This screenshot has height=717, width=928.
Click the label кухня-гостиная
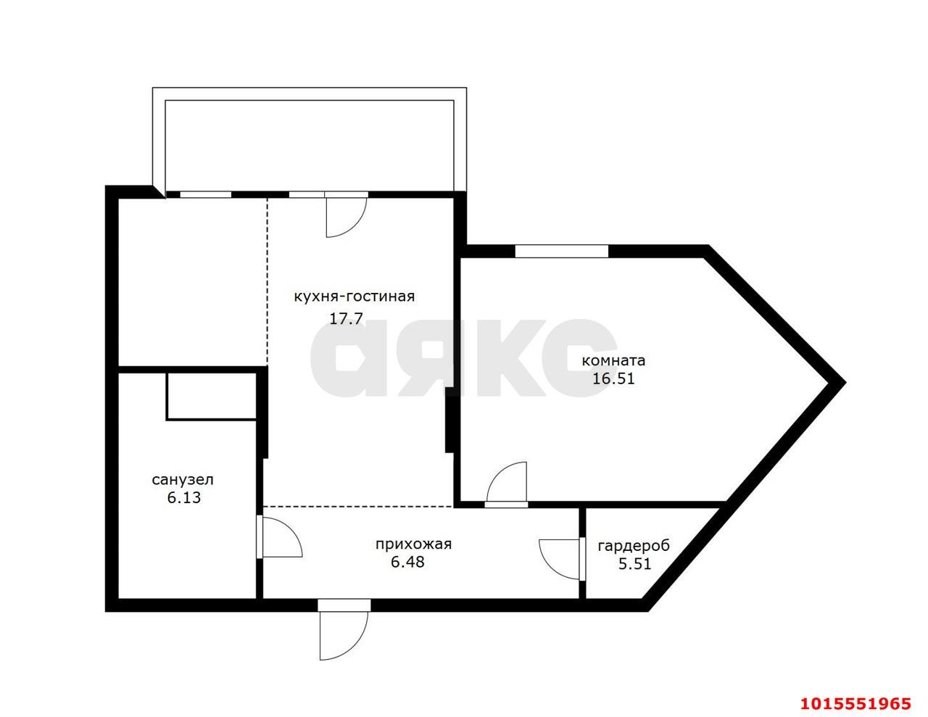tap(354, 297)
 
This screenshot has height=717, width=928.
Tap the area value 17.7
tap(346, 318)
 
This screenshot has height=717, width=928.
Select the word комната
tap(613, 361)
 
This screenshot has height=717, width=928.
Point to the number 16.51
tap(613, 378)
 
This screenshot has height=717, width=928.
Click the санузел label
tap(183, 480)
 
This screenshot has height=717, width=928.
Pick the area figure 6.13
tap(183, 498)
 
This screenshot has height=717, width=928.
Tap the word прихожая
tap(413, 544)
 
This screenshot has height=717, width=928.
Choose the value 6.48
tap(407, 562)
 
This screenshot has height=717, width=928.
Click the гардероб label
tap(634, 546)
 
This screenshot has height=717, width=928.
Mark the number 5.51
tap(634, 564)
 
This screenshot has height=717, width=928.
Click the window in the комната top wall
tap(561, 251)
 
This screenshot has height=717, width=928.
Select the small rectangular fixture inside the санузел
tap(212, 396)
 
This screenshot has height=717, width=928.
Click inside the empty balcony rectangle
tap(309, 145)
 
